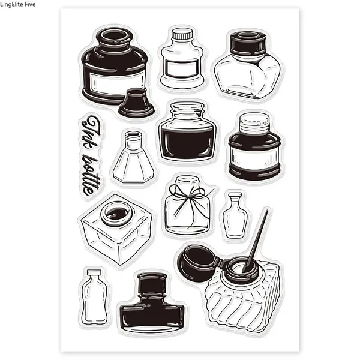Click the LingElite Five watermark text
(17, 4)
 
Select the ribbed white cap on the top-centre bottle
(182, 34)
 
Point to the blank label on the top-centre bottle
(182, 68)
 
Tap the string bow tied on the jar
(189, 199)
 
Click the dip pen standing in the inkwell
(256, 240)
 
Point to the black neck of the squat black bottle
(152, 284)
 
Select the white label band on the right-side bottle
(254, 156)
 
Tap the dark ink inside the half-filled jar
(188, 143)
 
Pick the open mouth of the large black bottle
(115, 36)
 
